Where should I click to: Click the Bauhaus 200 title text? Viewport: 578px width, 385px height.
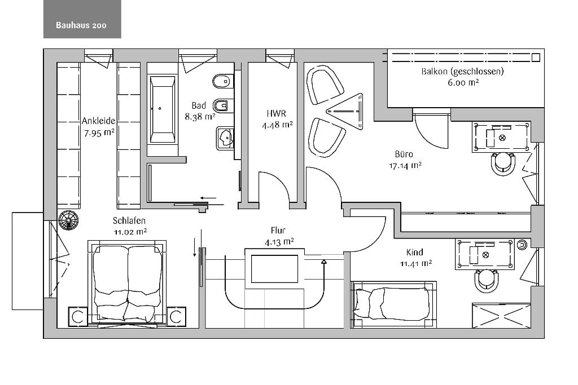(x=81, y=25)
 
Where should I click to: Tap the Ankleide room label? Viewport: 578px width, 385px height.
(x=98, y=121)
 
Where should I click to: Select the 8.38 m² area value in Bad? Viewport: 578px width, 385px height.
(x=200, y=117)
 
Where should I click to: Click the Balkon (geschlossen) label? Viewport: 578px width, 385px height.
(x=463, y=72)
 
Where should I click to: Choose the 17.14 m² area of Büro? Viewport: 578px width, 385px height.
(x=405, y=166)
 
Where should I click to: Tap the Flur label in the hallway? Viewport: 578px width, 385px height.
(x=278, y=231)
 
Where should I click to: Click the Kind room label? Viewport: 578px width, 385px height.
(x=415, y=252)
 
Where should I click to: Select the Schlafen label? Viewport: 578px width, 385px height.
(x=129, y=220)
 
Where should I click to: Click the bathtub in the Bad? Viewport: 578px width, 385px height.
(x=162, y=109)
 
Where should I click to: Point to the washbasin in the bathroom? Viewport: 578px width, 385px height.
(x=225, y=138)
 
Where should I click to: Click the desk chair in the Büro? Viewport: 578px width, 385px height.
(x=503, y=162)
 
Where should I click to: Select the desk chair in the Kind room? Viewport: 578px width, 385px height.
(x=487, y=281)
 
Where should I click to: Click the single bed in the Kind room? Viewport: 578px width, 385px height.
(x=393, y=305)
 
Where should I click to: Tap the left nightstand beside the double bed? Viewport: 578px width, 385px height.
(x=78, y=317)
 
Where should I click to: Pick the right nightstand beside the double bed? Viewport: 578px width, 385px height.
(x=177, y=317)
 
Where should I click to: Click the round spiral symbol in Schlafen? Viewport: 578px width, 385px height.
(x=68, y=220)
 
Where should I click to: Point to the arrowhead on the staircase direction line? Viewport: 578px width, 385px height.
(x=323, y=262)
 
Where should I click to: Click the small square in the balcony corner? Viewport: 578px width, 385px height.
(x=536, y=57)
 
